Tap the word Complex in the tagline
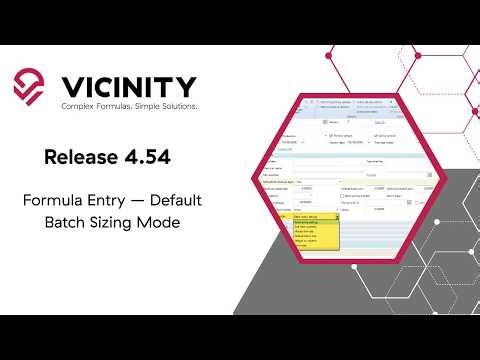pos(77,106)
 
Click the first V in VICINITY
pos(73,84)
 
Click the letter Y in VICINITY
pos(186,84)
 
